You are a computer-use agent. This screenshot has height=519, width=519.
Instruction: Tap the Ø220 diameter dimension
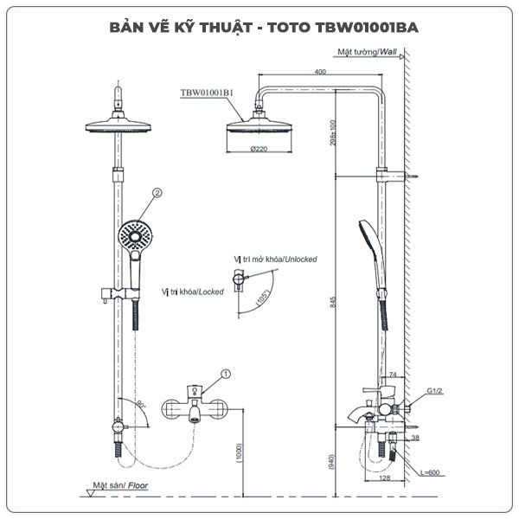click(257, 150)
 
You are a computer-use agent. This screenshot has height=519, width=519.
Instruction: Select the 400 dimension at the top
click(320, 71)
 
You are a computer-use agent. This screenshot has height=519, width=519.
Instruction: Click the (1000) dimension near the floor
click(239, 455)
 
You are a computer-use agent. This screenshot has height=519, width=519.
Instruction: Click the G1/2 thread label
click(433, 391)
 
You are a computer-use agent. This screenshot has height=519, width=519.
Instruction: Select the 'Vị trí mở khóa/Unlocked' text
click(275, 259)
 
